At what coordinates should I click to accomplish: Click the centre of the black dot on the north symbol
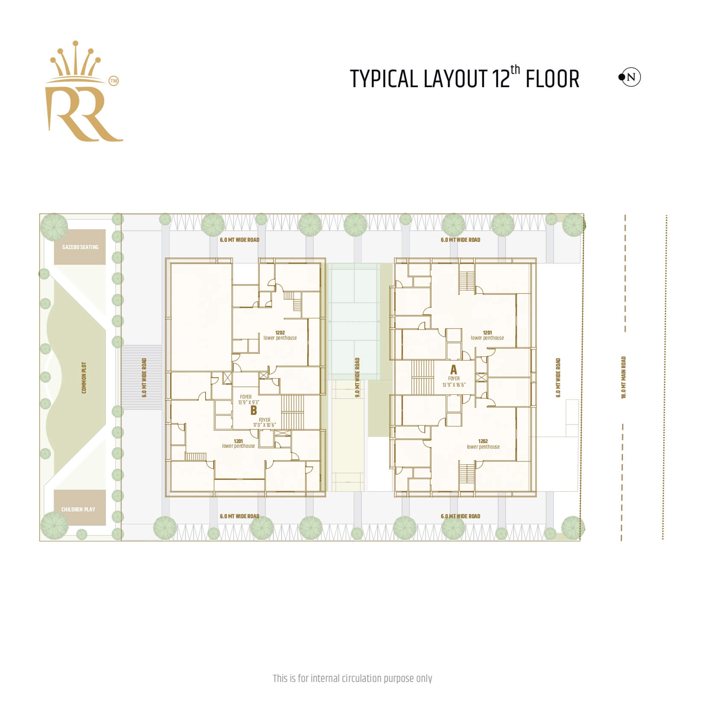(621, 77)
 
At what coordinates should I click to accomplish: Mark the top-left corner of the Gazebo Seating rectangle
(54, 229)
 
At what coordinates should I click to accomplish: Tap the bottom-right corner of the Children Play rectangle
(106, 525)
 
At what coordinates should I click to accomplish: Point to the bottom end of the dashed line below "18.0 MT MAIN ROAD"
(622, 541)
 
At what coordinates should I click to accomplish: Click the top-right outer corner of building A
(536, 258)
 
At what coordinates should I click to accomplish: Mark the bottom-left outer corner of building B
(165, 497)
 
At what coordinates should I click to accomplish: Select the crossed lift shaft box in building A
(481, 378)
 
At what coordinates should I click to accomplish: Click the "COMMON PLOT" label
(84, 378)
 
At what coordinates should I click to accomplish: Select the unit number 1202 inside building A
(483, 441)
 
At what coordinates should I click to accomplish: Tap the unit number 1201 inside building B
(238, 441)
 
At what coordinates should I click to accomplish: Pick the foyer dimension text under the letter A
(454, 385)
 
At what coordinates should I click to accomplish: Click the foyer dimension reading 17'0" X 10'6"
(264, 425)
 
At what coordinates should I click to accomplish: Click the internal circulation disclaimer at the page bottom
(352, 678)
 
